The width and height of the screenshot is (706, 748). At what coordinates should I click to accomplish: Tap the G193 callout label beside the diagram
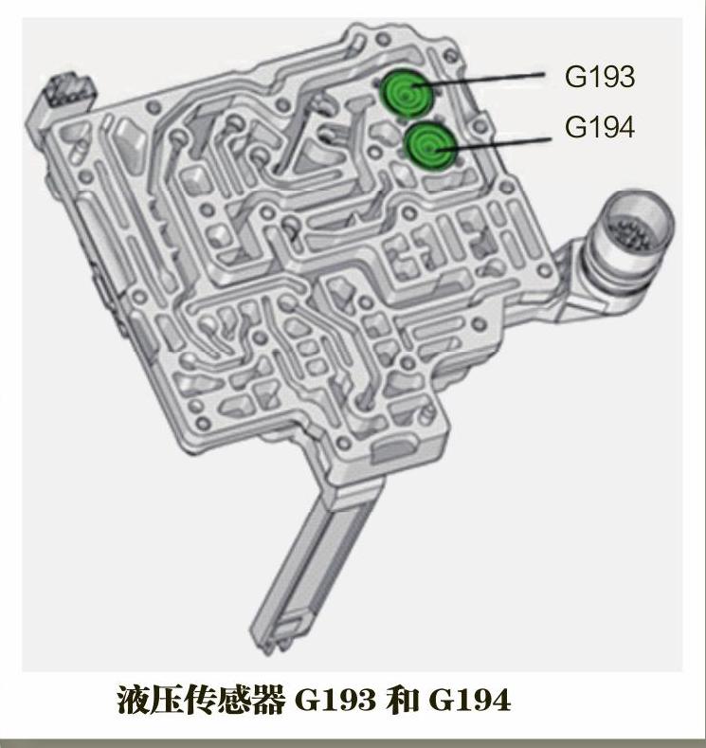point(599,77)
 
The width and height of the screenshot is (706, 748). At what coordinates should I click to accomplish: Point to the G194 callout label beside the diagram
point(599,127)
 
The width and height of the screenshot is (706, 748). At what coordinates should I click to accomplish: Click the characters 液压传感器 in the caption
point(201,701)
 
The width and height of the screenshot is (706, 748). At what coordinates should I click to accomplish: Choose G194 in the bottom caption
point(470,701)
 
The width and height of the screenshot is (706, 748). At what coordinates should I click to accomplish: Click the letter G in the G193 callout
point(574,77)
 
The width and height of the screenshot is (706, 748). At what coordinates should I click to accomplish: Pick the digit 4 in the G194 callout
point(625,127)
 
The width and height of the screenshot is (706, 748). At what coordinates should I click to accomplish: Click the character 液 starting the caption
point(132,701)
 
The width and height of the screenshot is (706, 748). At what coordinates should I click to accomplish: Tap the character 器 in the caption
point(270,701)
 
